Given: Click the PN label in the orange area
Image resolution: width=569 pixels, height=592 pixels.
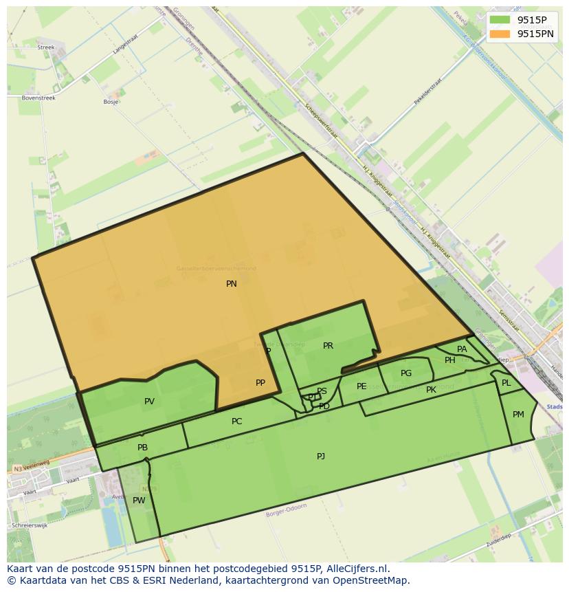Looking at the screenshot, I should coord(232,283).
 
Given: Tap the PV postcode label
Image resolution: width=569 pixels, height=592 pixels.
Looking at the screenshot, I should coord(149,402).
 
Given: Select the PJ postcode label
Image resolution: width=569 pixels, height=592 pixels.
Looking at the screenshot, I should coord(321,456).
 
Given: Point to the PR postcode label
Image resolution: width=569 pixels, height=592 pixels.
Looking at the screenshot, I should coord(328,346).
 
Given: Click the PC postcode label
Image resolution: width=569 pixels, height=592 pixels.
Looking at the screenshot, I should coord(236,421).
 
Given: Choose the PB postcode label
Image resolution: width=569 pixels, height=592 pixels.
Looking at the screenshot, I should coord(142,448).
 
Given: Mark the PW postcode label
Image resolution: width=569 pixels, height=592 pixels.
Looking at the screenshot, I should coord(139,501).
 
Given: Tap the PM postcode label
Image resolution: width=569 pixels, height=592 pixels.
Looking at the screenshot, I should coord(518,414).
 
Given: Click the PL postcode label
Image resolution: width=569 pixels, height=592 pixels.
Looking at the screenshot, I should coord(506,383).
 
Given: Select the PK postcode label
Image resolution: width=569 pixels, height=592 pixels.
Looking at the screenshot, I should coord(431,390).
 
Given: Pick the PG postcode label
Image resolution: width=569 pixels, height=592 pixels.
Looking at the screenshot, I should coord(406,373).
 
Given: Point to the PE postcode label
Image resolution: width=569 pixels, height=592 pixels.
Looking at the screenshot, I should coord(361,386).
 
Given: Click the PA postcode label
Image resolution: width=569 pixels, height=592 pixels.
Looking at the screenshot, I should coord(462,349).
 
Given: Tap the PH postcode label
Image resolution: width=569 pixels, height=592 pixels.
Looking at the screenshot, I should coord(450,360).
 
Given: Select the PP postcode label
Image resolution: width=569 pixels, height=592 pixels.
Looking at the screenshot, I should coord(260,383).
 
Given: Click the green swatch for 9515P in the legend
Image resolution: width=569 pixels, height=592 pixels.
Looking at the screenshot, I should coord(500,20).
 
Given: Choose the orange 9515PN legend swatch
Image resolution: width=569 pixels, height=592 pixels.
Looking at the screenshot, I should coord(500,34).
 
